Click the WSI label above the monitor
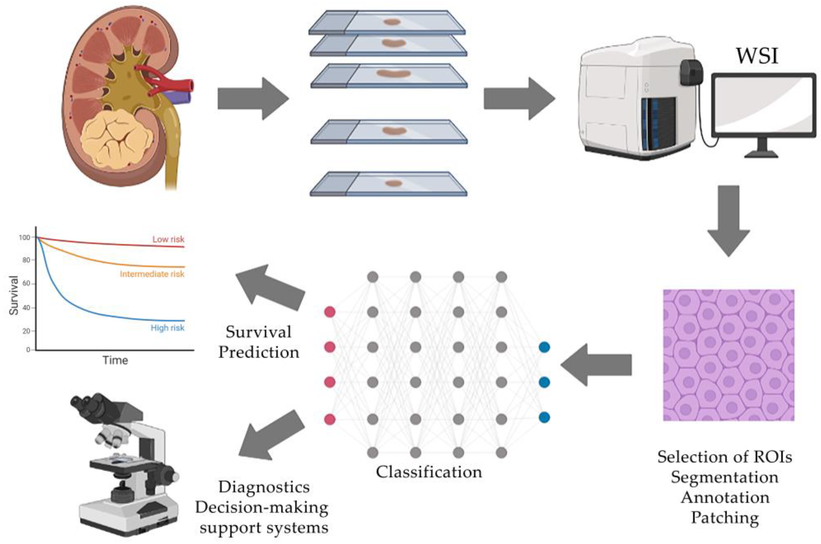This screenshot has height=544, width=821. (757, 55)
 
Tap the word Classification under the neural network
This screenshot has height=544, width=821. (429, 472)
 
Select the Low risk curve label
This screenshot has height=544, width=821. (168, 239)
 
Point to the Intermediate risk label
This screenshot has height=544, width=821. (152, 274)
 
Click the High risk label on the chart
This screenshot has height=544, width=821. (167, 328)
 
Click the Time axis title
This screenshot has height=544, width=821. (115, 360)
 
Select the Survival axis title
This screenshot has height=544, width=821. (14, 295)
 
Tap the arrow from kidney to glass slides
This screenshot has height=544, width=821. (253, 99)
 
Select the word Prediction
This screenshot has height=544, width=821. (259, 352)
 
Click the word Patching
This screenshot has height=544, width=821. (725, 518)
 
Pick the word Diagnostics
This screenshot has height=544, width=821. (264, 487)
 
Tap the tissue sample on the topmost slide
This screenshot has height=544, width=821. (392, 22)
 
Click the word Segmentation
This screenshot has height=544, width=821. (725, 477)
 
